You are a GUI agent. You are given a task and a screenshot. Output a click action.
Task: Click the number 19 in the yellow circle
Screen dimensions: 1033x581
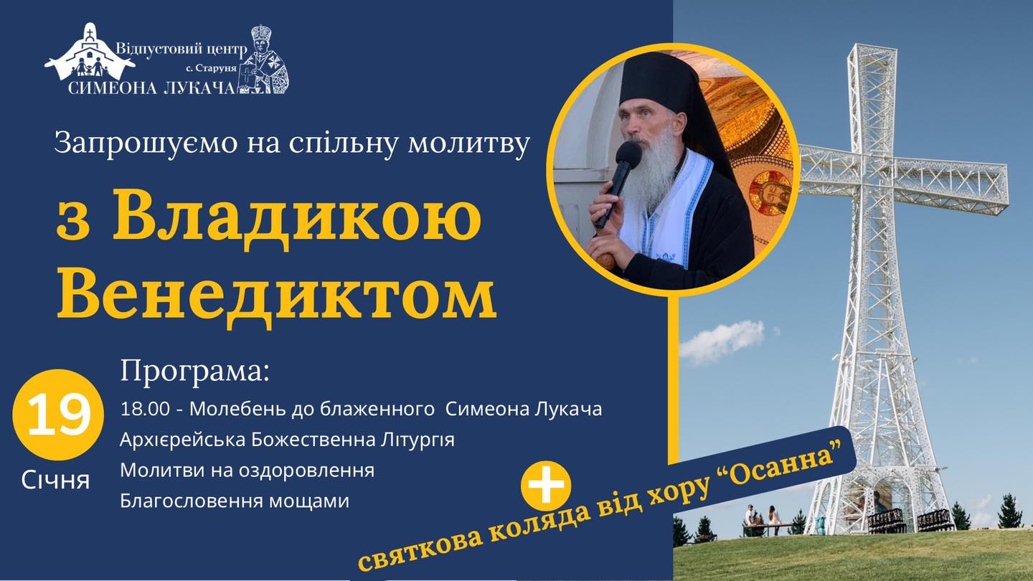[x=59, y=415]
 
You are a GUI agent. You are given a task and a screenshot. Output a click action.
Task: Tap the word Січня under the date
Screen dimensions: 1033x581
[x=55, y=481]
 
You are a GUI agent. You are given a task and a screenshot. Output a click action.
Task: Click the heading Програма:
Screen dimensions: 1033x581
[x=194, y=372]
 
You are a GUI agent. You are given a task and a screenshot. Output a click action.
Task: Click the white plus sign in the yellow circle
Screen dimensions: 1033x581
[x=546, y=484]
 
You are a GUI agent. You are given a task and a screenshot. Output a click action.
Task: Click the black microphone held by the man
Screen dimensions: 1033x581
[x=618, y=183]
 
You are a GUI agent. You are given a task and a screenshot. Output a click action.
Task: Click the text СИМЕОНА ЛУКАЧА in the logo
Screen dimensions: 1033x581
[x=152, y=88]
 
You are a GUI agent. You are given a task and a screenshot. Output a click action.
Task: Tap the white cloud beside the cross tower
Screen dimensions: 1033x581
[x=722, y=341]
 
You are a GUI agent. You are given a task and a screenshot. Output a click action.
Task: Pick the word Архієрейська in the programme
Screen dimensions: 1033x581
[x=183, y=440]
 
